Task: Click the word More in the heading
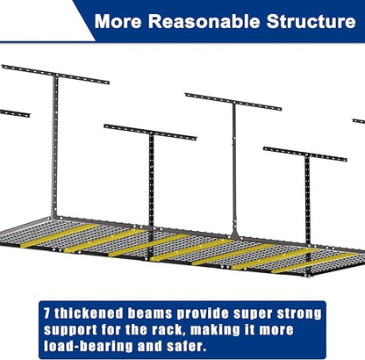pyautogui.click(x=118, y=21)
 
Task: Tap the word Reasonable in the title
pyautogui.click(x=204, y=21)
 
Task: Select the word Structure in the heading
pyautogui.click(x=311, y=21)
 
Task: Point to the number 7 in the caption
pyautogui.click(x=47, y=313)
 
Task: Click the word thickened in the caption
pyautogui.click(x=89, y=313)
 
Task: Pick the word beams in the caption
pyautogui.click(x=150, y=313)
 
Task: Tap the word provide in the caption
pyautogui.click(x=203, y=314)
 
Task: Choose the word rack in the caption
pyautogui.click(x=168, y=330)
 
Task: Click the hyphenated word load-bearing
pyautogui.click(x=88, y=347)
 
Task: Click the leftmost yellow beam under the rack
pyautogui.click(x=60, y=235)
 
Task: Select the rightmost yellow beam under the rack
pyautogui.click(x=315, y=263)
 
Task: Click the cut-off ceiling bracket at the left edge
pyautogui.click(x=15, y=113)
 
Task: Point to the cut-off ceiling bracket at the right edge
pyautogui.click(x=359, y=121)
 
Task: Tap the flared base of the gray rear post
pyautogui.click(x=234, y=235)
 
